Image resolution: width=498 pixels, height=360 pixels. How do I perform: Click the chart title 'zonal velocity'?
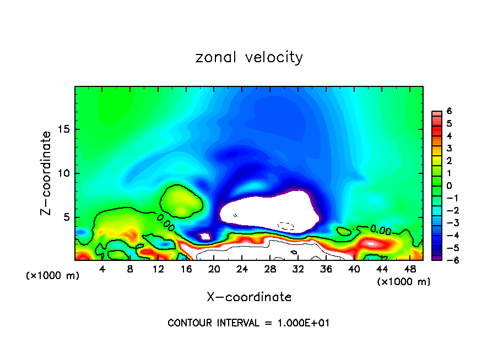[249, 57]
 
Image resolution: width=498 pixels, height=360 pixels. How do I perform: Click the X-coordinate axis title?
[249, 297]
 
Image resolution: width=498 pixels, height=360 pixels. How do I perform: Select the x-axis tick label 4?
[102, 269]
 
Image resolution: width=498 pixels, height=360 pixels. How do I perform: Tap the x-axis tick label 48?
[410, 269]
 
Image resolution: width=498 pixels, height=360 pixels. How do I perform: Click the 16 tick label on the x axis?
[186, 269]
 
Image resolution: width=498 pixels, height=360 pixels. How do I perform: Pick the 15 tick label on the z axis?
[64, 129]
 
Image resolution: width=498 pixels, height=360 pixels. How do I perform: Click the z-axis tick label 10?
[64, 173]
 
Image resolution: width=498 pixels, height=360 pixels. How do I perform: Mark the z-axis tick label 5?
[67, 217]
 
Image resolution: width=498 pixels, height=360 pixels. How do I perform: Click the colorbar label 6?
[449, 111]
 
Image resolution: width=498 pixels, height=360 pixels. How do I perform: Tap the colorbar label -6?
[447, 260]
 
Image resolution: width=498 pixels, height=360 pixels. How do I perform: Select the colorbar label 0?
[449, 186]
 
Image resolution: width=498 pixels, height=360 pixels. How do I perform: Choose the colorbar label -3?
[447, 223]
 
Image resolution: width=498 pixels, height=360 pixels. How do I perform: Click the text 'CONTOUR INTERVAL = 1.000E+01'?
[248, 323]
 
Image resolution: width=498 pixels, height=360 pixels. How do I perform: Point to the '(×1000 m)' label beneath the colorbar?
[403, 282]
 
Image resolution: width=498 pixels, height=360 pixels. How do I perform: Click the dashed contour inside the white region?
[286, 226]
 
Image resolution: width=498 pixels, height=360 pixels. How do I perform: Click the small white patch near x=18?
[204, 236]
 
